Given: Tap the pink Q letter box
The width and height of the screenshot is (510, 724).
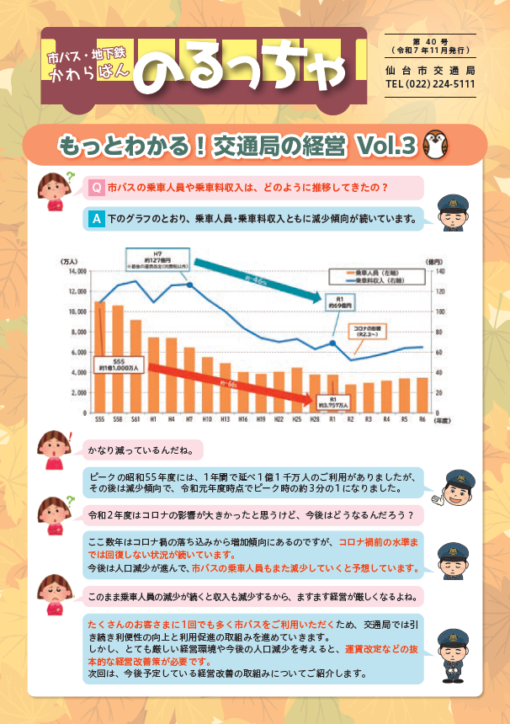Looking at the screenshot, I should coord(97,186).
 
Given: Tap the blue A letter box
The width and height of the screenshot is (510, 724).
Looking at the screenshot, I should coord(97,218).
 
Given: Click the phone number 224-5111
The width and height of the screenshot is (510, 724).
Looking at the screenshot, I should coord(454,85).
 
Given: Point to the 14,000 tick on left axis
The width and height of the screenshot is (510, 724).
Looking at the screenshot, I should coord(76,271).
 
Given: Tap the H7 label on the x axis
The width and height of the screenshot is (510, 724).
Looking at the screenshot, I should coord(189,418).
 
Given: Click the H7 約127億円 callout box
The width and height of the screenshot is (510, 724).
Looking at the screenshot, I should coord(153,258).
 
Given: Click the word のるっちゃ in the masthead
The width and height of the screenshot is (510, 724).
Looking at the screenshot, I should coord(244,72).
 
